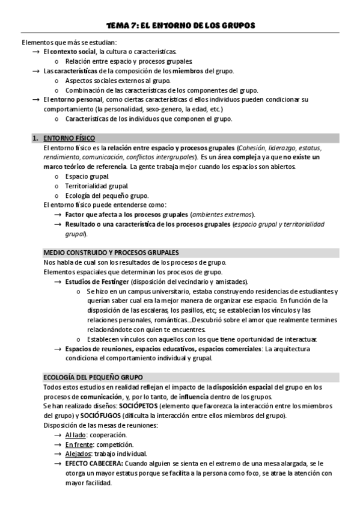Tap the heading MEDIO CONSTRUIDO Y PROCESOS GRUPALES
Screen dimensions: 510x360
[111, 252]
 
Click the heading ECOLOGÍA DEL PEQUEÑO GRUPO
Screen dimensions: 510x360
[93, 377]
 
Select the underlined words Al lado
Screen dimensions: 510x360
[76, 434]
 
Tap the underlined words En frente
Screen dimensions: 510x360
[78, 444]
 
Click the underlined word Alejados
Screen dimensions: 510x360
[78, 453]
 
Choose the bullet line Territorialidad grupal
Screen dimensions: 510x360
[88, 186]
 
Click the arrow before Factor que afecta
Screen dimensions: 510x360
[58, 215]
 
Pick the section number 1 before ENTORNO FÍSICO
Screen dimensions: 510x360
[34, 138]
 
